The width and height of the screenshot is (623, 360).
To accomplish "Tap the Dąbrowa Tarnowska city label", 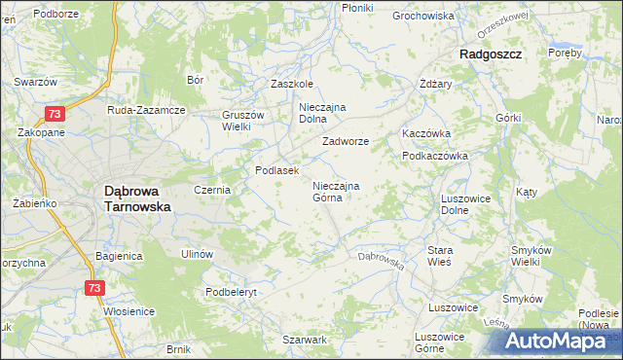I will [x=137, y=199].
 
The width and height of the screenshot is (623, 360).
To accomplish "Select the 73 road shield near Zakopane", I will [x=55, y=115].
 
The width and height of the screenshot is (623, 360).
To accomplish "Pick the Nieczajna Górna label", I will [x=336, y=192].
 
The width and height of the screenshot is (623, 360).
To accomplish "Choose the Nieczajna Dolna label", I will [x=323, y=113].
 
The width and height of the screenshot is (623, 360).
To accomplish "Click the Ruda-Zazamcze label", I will [x=146, y=110].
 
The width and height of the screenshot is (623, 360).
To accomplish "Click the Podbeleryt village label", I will [x=231, y=291].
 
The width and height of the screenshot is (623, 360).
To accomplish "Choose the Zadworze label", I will [x=346, y=141].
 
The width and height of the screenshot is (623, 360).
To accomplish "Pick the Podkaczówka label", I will [x=435, y=156].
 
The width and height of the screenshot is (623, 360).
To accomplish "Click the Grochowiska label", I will [x=423, y=17].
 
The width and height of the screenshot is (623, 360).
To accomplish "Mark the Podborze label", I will [x=55, y=14].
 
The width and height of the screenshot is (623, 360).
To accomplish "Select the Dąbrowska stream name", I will [x=381, y=260].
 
